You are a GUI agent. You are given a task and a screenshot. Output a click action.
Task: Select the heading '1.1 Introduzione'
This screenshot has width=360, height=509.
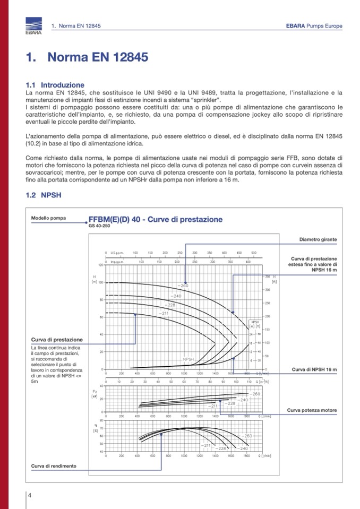[x=55, y=85]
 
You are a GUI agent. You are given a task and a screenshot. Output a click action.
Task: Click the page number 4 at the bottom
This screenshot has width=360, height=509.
[x=30, y=495]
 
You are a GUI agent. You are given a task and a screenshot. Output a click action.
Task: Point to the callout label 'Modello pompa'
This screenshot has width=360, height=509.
[x=48, y=218]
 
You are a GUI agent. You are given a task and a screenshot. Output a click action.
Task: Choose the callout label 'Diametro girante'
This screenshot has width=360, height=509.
[x=318, y=239]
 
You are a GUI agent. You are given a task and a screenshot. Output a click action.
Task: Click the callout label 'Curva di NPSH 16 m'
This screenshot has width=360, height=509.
[x=314, y=369]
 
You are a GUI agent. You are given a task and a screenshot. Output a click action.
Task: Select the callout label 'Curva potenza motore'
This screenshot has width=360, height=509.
[x=312, y=410]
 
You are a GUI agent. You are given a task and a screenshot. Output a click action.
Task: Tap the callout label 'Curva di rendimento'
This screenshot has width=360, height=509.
[x=53, y=466]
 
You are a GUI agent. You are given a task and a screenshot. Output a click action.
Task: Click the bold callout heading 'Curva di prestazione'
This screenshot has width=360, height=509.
[x=57, y=339]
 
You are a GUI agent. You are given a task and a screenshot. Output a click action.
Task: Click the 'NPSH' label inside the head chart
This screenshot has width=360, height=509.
[x=189, y=359]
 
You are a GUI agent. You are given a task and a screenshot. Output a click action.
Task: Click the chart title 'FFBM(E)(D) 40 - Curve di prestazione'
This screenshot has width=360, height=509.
[x=155, y=220]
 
